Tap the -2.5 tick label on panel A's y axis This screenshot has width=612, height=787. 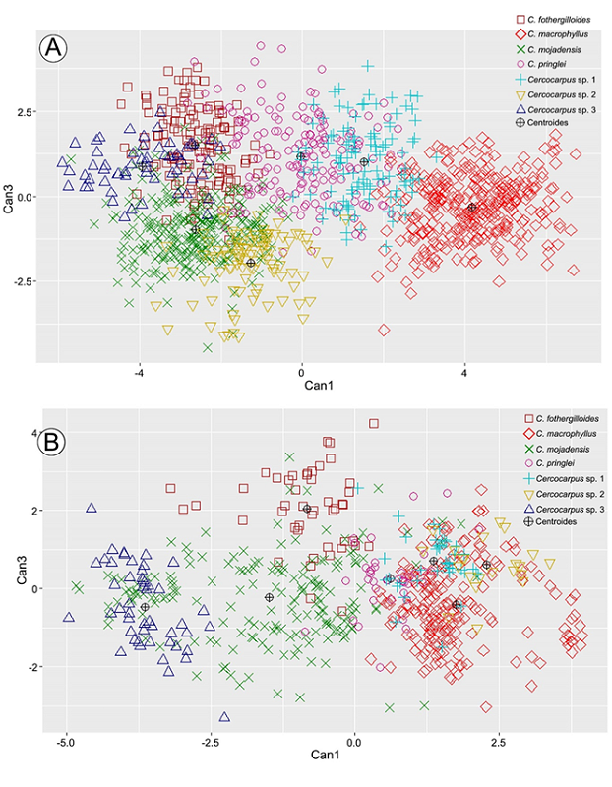22,281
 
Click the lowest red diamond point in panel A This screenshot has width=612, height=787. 384,330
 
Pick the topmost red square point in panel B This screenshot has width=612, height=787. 374,424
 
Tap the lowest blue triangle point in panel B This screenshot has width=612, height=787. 224,717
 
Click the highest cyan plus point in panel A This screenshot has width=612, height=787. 368,66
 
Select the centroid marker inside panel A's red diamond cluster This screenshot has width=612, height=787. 471,208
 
